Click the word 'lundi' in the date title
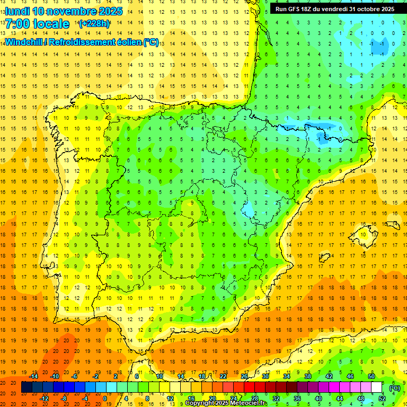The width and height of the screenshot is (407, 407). pos(17,11)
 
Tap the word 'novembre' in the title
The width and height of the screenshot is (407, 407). pos(73,11)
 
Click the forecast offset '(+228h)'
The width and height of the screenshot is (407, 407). pos(94,24)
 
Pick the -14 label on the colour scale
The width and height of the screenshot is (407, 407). pos(33,376)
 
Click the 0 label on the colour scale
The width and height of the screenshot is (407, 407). pos(104,399)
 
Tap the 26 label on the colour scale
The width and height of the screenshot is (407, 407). pos(244,376)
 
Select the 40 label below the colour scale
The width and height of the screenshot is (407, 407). pos(318,399)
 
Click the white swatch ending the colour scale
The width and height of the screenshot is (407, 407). pos(376,387)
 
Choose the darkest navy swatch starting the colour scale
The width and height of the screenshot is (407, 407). pos(26,387)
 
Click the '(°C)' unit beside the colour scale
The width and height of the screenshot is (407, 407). pos(394,387)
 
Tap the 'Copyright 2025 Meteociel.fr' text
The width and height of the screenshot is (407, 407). pos(226,403)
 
